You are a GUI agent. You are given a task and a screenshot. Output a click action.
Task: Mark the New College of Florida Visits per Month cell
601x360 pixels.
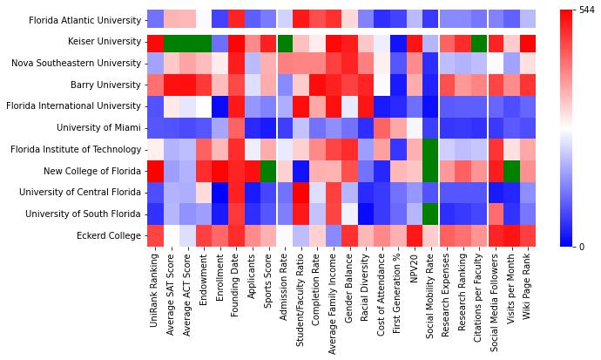(x=511, y=170)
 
